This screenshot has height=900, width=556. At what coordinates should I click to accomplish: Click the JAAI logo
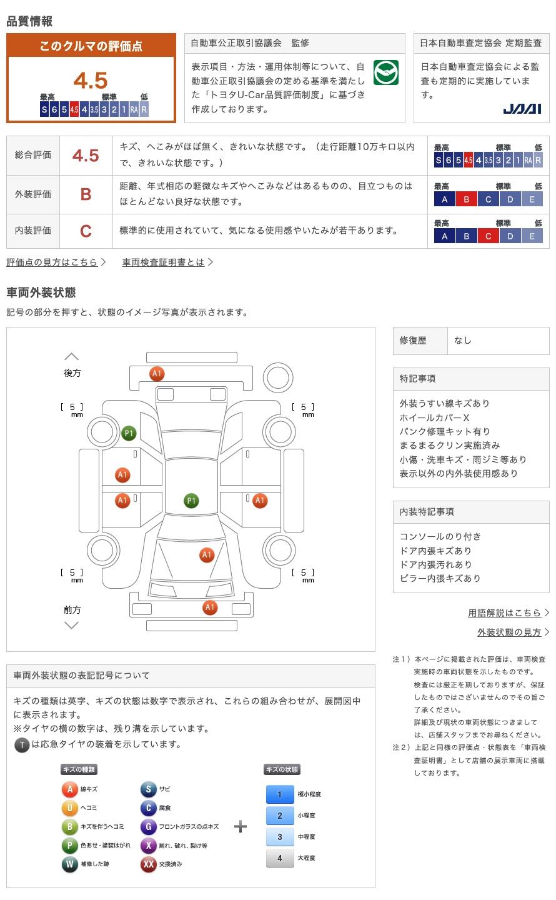pos(522,109)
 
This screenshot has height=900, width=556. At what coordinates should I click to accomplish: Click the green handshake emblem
pos(385,72)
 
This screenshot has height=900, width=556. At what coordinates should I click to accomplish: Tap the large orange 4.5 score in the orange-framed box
pos(91,81)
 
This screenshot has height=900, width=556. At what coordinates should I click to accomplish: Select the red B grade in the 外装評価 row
pos(86,194)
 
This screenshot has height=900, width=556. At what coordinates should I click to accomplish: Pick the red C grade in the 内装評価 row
pos(86,231)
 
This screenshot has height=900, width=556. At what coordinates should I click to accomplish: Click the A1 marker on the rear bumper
pos(157,374)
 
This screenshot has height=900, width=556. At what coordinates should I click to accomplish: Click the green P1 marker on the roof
pos(191,501)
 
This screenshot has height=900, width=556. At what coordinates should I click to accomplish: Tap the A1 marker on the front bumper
pos(210,607)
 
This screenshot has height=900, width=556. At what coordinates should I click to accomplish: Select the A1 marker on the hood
pos(207,555)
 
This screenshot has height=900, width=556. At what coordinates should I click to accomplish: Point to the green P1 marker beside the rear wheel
pos(129,433)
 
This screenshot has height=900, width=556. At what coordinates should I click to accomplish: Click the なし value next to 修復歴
pos(462,340)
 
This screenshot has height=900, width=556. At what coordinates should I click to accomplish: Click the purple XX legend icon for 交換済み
pos(148,864)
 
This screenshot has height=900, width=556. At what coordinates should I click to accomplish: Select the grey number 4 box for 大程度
pos(280,858)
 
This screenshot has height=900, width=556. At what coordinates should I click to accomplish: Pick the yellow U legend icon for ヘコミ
pos(69,807)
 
